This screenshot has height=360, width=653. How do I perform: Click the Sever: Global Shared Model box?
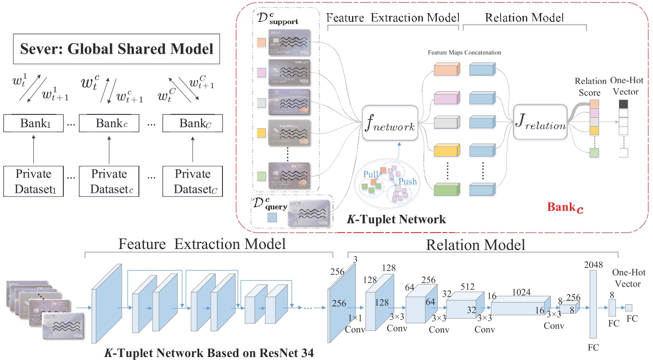click(x=117, y=49)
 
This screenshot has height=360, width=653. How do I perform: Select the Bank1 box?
click(x=33, y=123)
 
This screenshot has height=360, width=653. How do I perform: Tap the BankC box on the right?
click(x=192, y=123)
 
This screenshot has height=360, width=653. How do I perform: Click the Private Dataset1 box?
click(x=33, y=181)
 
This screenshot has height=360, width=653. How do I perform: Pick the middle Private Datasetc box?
click(x=109, y=181)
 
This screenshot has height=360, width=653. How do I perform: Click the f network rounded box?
click(x=390, y=123)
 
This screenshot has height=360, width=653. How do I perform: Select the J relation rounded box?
click(x=540, y=122)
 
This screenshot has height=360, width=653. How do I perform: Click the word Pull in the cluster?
click(x=371, y=174)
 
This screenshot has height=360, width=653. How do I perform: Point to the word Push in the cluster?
click(x=407, y=181)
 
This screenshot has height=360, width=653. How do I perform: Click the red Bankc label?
click(x=565, y=207)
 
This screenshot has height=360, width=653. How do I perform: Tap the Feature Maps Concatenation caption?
click(x=464, y=53)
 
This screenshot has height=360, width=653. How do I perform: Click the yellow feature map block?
click(x=446, y=150)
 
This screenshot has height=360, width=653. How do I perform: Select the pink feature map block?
click(x=446, y=99)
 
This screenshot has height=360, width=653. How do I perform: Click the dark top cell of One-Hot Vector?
click(x=623, y=104)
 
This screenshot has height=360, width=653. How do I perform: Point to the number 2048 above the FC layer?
click(x=593, y=265)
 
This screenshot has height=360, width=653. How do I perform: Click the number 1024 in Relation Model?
click(x=521, y=292)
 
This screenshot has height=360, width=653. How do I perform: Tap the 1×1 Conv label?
click(x=355, y=324)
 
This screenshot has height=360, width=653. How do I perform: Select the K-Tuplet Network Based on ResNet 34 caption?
click(x=209, y=353)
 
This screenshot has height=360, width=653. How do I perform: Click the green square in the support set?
click(x=262, y=176)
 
